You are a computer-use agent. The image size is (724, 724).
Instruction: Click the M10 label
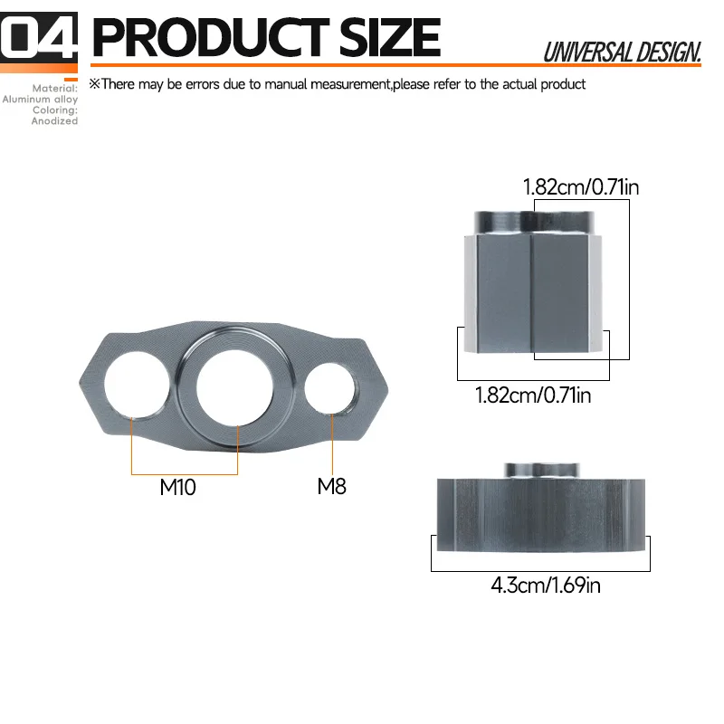coord(177,487)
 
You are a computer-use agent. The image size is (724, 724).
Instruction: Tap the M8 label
coord(331,486)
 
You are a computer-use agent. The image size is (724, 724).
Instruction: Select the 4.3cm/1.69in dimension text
coord(546,585)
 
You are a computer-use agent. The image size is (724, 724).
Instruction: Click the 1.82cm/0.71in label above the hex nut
coord(581,187)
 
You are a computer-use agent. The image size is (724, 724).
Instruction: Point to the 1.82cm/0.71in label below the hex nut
coord(533,395)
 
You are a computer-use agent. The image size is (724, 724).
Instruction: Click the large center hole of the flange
coord(234,387)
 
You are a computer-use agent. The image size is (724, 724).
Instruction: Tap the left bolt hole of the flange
coord(137,386)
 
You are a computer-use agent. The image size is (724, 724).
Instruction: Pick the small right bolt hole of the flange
coord(330,388)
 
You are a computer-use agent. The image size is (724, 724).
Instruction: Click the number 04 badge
coord(39,37)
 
